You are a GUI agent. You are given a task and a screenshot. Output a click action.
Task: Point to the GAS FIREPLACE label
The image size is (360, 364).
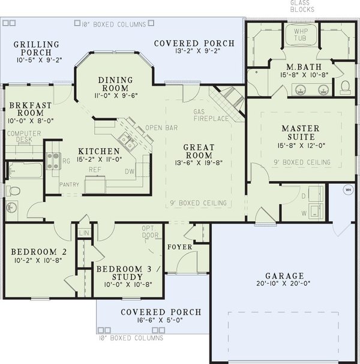211,115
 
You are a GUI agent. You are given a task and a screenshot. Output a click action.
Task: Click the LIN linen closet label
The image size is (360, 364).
84,232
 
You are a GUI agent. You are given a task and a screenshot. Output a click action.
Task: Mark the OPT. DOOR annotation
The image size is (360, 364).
150,232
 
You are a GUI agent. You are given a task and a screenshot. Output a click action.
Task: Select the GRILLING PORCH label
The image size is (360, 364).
37,49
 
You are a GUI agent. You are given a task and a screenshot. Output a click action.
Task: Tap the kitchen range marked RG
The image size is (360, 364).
53,160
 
